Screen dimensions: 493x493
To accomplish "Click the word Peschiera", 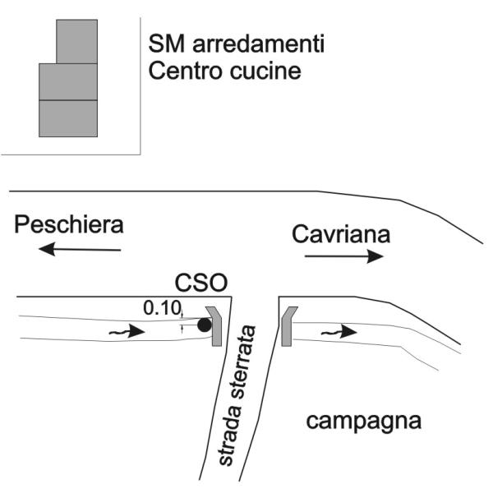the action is (69, 225).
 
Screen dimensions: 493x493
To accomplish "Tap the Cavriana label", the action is (341, 234).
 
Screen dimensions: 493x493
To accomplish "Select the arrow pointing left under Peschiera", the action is (80, 249).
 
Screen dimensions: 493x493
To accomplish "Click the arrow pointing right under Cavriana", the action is (344, 256).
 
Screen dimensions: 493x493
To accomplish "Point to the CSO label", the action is (201, 283).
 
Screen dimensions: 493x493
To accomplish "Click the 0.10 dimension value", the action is (162, 307).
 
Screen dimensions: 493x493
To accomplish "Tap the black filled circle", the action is (205, 325).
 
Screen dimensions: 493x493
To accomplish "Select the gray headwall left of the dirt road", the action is (214, 326).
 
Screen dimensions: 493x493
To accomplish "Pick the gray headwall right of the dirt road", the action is (288, 326).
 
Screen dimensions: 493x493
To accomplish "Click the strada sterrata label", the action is (237, 395).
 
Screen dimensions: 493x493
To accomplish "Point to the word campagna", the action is (364, 422).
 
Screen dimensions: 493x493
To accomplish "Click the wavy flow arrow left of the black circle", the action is (127, 331).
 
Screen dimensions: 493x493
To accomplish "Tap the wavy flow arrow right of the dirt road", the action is (339, 332).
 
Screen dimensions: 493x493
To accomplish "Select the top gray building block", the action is (76, 42).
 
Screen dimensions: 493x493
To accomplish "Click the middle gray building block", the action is (68, 81).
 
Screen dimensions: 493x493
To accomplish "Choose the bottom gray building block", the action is (68, 118).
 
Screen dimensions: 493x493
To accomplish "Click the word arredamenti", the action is (259, 44).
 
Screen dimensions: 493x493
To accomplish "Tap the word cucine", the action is (265, 71).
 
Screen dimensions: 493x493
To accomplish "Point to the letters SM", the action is (166, 44).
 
